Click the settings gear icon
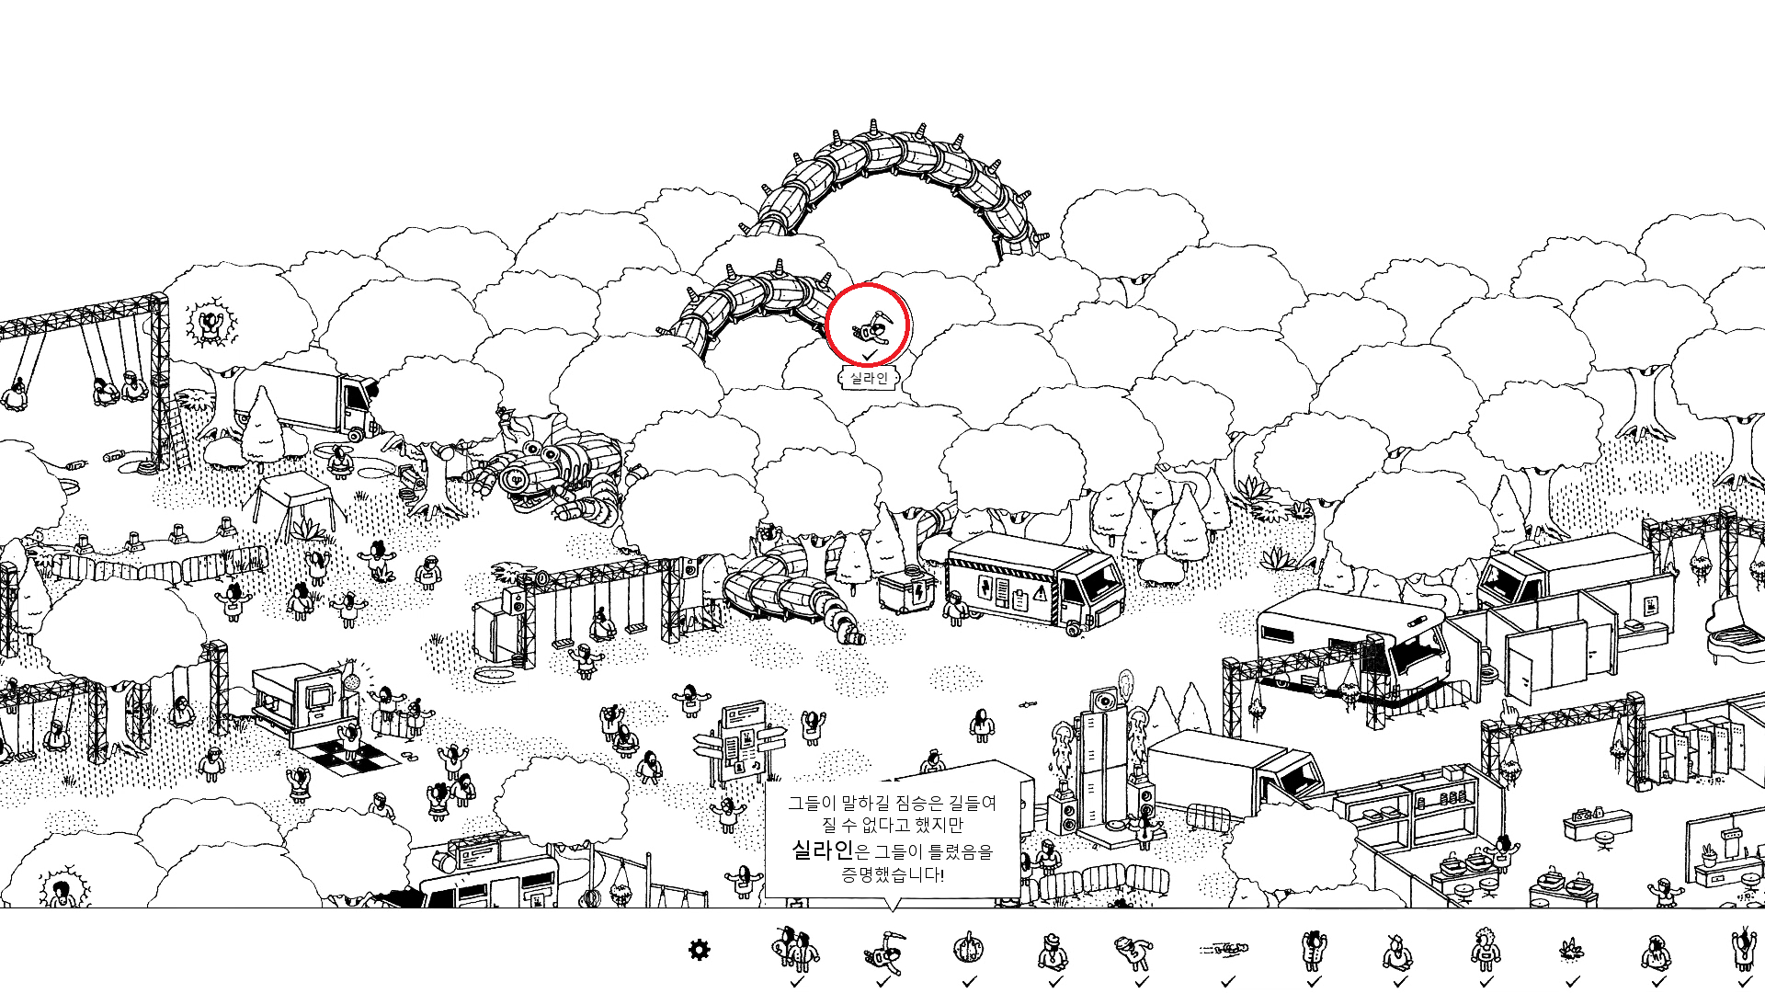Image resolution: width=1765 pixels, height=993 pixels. tap(699, 950)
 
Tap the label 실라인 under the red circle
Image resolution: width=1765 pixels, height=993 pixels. tap(869, 378)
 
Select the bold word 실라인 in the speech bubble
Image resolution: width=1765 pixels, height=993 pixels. tap(823, 850)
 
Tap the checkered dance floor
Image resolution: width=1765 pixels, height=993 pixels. tap(354, 757)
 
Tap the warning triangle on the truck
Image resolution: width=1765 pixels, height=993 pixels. tap(1040, 593)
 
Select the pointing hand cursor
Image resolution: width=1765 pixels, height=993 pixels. tap(1509, 713)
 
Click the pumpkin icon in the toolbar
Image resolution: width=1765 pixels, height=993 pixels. tap(968, 947)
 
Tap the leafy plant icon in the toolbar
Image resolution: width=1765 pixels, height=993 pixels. tap(1572, 949)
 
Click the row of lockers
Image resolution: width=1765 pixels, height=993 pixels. tap(1682, 754)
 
